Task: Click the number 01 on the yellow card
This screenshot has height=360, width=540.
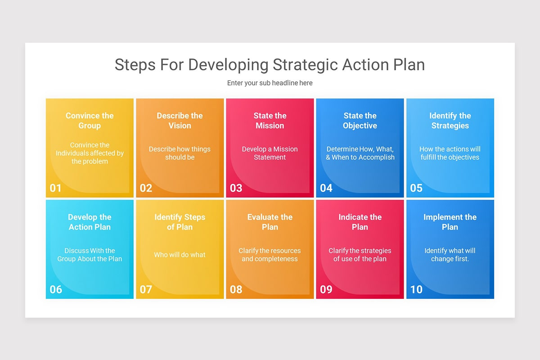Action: tap(56, 188)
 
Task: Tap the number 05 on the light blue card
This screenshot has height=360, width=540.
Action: tap(416, 188)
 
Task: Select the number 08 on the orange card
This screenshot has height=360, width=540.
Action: tap(236, 289)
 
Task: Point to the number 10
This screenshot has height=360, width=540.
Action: tap(416, 289)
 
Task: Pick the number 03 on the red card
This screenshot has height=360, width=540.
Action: tap(236, 188)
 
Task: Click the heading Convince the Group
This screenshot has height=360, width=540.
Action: tap(90, 121)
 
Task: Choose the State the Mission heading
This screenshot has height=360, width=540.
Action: tap(270, 121)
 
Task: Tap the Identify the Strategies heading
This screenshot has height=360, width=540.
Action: tap(450, 121)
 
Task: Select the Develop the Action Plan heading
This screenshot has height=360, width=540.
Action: tap(90, 222)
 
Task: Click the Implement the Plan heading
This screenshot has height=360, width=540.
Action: tap(450, 222)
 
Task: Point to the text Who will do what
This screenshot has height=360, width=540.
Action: tap(180, 255)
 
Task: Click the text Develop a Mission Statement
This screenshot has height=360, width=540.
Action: tap(270, 153)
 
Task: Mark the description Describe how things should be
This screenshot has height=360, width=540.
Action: tap(180, 153)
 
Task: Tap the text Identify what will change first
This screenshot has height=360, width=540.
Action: tap(450, 255)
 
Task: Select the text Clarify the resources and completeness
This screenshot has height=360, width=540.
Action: tap(270, 255)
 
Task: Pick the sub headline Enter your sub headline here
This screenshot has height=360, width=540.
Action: tap(270, 83)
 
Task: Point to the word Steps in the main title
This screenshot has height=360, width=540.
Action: tap(135, 65)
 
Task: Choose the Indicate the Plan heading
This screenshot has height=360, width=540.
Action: tap(360, 222)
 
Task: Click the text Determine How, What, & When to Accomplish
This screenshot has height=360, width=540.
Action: tap(360, 153)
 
